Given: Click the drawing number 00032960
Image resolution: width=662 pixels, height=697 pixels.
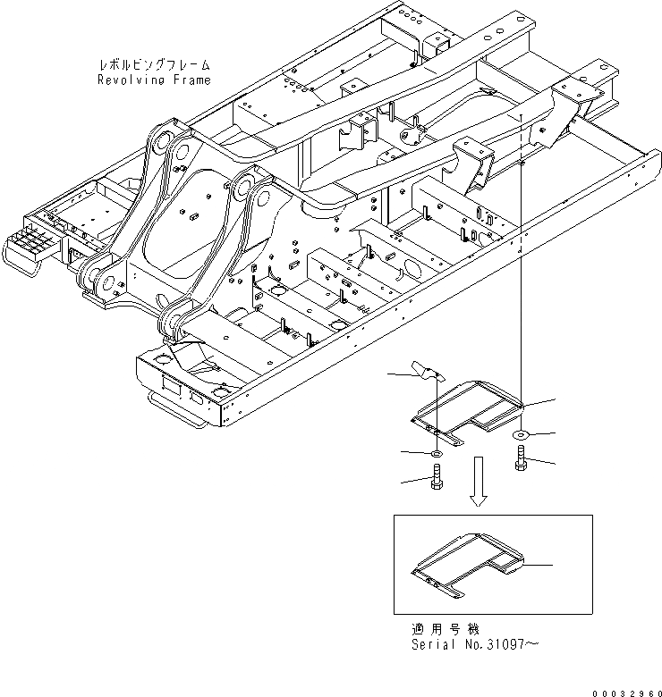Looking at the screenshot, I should (624, 690).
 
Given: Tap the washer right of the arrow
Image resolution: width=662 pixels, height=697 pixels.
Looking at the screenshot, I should (521, 434).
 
